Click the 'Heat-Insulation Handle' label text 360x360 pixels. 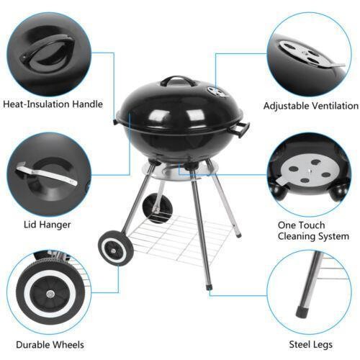[53, 104]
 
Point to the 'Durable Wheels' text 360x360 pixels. [50, 345]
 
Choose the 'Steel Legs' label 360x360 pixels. [311, 345]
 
